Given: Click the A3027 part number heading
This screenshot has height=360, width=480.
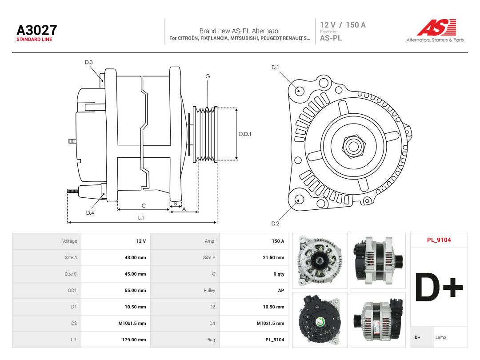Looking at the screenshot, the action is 37,30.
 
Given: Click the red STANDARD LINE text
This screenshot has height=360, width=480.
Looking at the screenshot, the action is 34,40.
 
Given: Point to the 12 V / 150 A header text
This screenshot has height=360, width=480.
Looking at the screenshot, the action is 343,25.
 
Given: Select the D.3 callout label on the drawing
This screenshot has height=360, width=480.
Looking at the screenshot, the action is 89,63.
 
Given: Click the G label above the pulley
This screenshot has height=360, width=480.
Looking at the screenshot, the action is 208,76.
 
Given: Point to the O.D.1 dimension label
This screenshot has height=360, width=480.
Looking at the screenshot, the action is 245,134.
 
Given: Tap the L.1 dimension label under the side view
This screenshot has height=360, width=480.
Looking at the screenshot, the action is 141,218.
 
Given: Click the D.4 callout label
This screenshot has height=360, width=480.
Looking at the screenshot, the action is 90,213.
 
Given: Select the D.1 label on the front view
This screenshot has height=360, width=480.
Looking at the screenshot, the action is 275,68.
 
